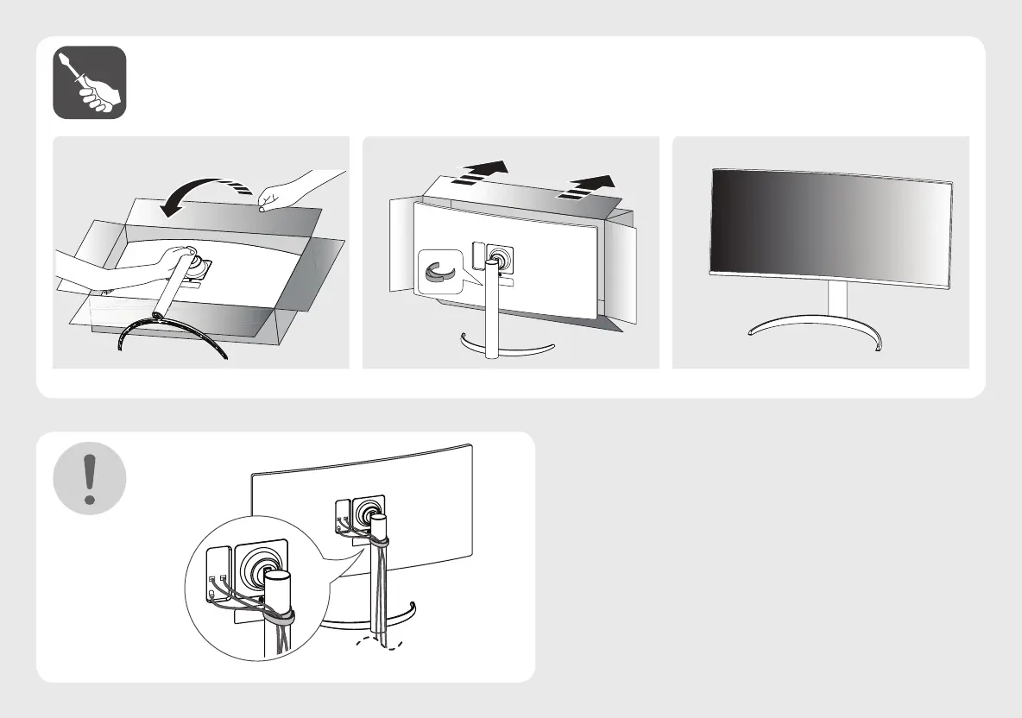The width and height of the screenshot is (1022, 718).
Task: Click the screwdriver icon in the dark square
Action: click(90, 83)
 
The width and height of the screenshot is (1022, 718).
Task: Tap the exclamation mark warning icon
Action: click(90, 477)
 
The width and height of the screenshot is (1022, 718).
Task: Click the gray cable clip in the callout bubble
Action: click(439, 269)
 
